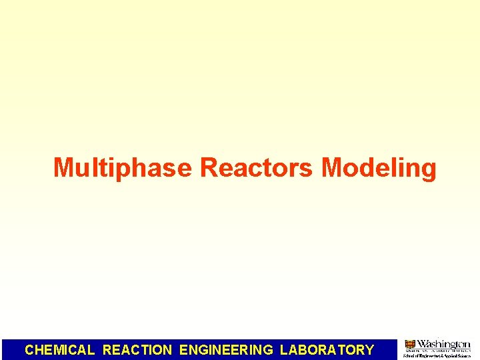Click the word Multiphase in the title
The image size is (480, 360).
(123, 168)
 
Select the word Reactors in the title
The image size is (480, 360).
(256, 168)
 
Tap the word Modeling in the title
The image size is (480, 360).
(379, 168)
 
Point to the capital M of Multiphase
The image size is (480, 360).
(63, 168)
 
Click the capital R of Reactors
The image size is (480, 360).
(208, 168)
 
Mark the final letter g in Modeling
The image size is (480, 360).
(428, 171)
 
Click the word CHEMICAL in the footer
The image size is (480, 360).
(60, 349)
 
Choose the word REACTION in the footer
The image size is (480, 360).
(137, 349)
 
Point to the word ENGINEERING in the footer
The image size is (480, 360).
(227, 349)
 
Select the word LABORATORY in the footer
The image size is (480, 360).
(327, 349)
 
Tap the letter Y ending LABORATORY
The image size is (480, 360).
(369, 349)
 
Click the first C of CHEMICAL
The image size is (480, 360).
(29, 349)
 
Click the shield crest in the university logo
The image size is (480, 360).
(410, 345)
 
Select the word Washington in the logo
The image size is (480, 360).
(443, 344)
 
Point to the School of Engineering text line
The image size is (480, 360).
(437, 356)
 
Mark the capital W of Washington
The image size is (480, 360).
(423, 344)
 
